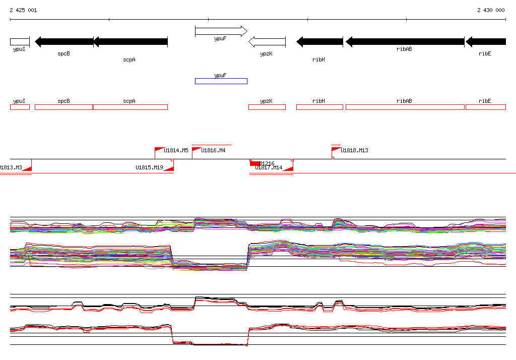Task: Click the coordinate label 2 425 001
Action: tap(23, 10)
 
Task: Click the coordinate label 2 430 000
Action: tap(491, 10)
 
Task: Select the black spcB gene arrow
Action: tap(64, 42)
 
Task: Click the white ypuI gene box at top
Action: tap(20, 42)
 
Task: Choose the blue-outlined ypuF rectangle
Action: tap(221, 81)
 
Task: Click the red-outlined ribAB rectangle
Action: tap(405, 107)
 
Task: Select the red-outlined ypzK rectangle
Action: tap(267, 107)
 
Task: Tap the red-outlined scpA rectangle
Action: tap(130, 107)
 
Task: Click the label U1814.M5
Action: tap(176, 150)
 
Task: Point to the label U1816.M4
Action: tap(213, 150)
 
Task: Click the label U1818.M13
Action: tap(354, 150)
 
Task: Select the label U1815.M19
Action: tap(149, 167)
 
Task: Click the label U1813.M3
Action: tap(11, 167)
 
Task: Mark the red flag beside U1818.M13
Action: tap(336, 150)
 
